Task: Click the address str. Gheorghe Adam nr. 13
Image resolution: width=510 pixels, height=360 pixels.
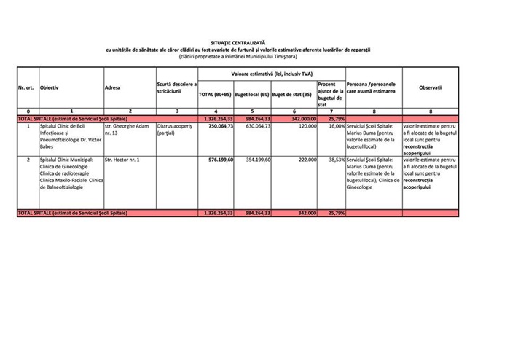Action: click(x=128, y=130)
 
